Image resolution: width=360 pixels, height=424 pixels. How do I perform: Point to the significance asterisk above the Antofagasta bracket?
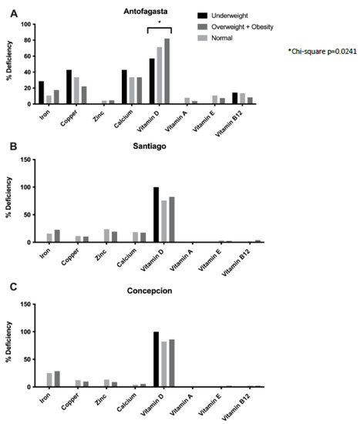[160, 22]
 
